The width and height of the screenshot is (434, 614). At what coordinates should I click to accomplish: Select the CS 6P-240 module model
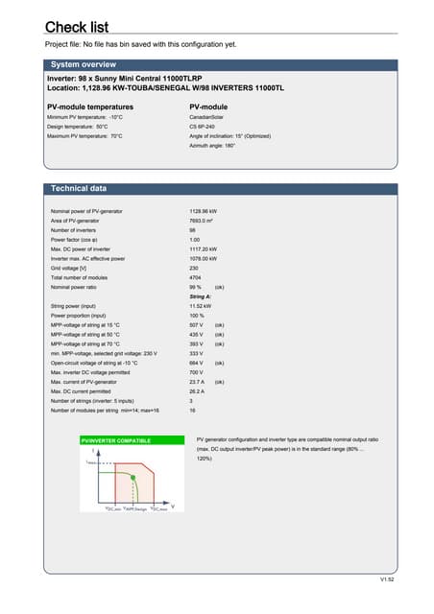pyautogui.click(x=207, y=127)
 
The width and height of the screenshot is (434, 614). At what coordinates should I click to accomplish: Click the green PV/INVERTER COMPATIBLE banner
pyautogui.click(x=115, y=439)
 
